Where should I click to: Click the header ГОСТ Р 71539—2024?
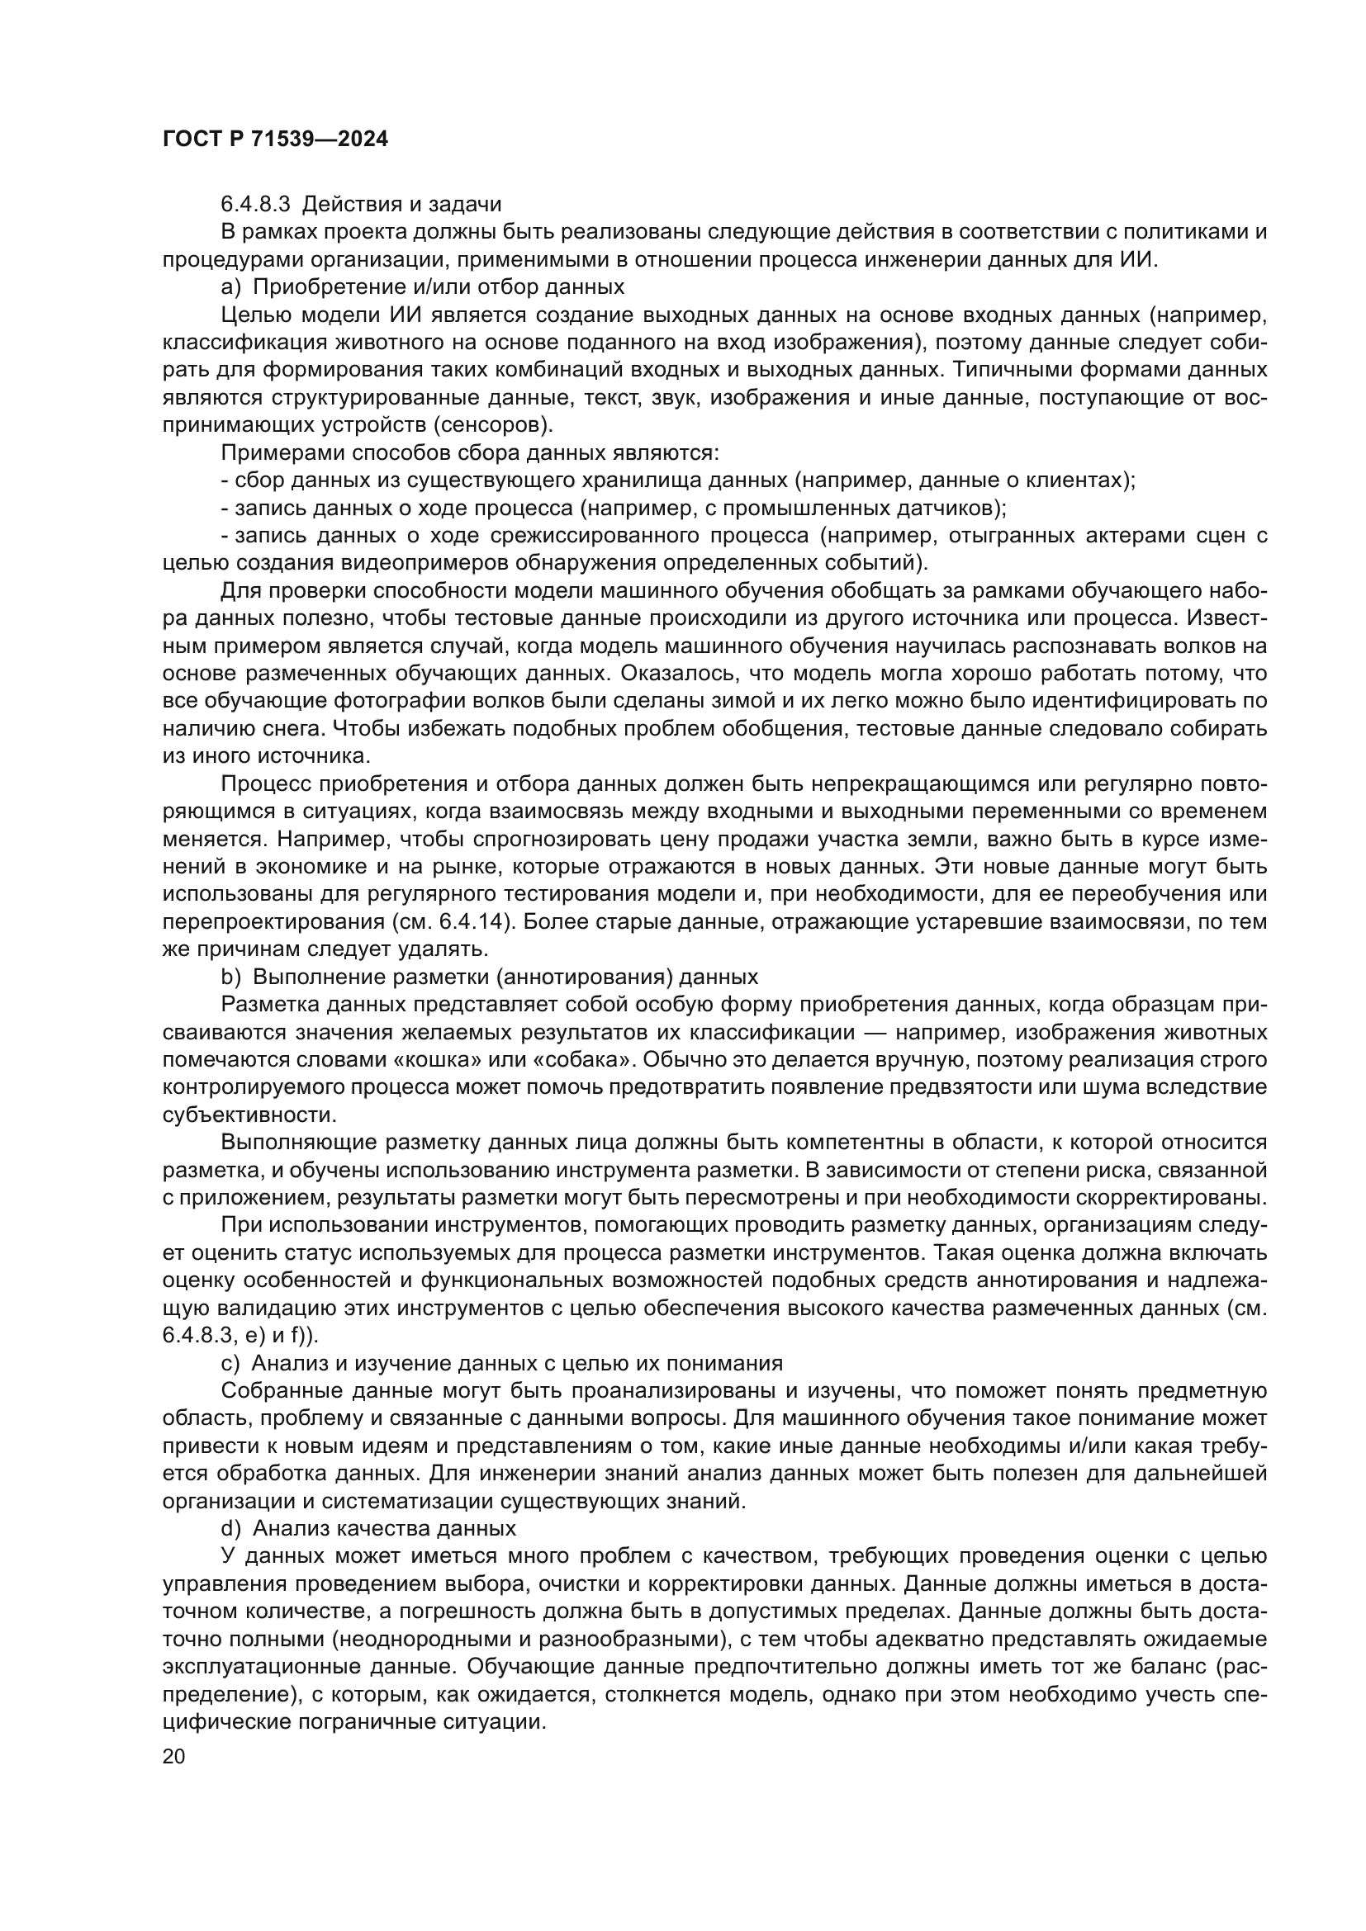[275, 140]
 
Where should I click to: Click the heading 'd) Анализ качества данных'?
[368, 1527]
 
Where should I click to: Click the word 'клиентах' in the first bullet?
[1076, 480]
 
